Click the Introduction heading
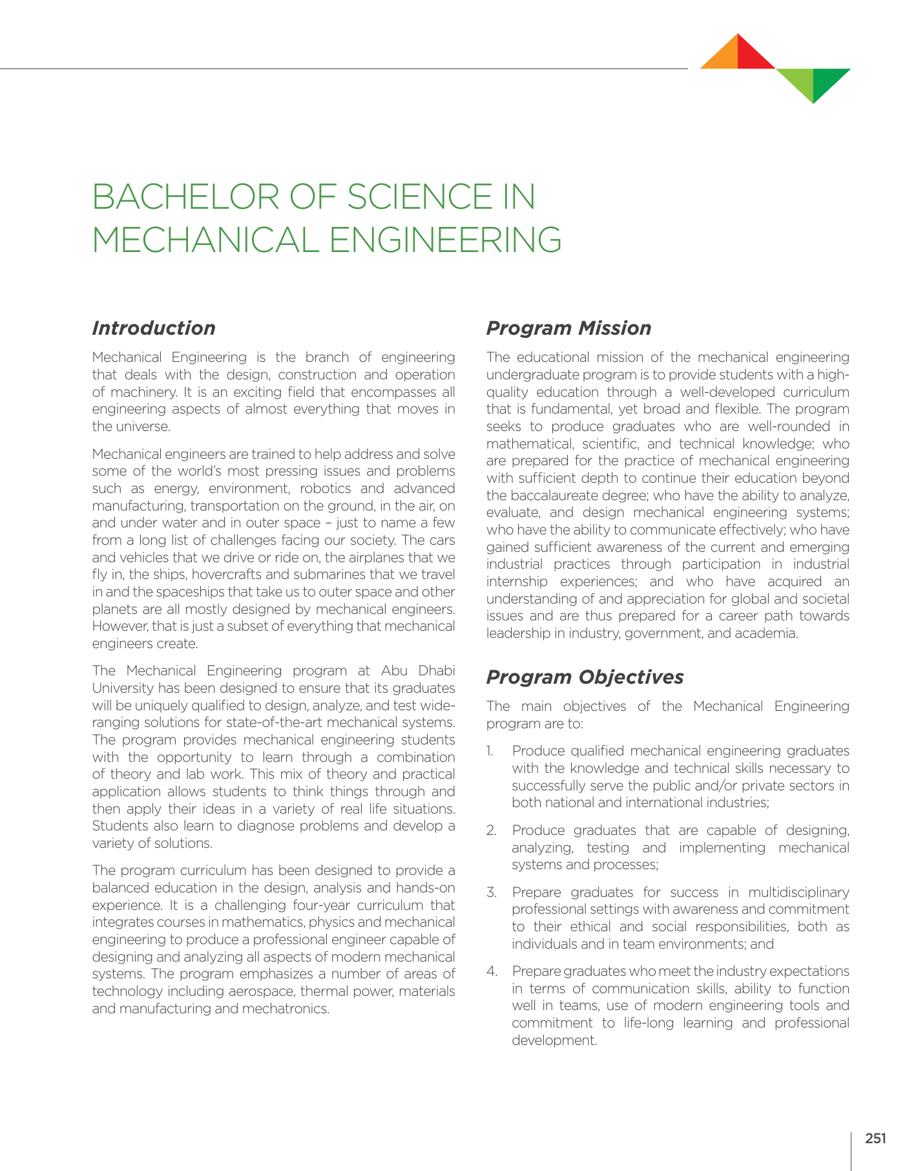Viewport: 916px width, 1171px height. point(154,328)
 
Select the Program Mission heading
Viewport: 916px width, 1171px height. point(568,328)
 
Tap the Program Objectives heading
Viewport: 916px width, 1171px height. point(585,677)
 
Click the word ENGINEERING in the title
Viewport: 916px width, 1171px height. point(446,240)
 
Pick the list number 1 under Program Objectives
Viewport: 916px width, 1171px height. point(490,751)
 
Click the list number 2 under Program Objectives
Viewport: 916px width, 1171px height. point(491,830)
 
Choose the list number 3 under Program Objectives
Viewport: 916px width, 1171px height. point(491,892)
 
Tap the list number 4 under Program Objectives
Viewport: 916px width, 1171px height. point(492,971)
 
